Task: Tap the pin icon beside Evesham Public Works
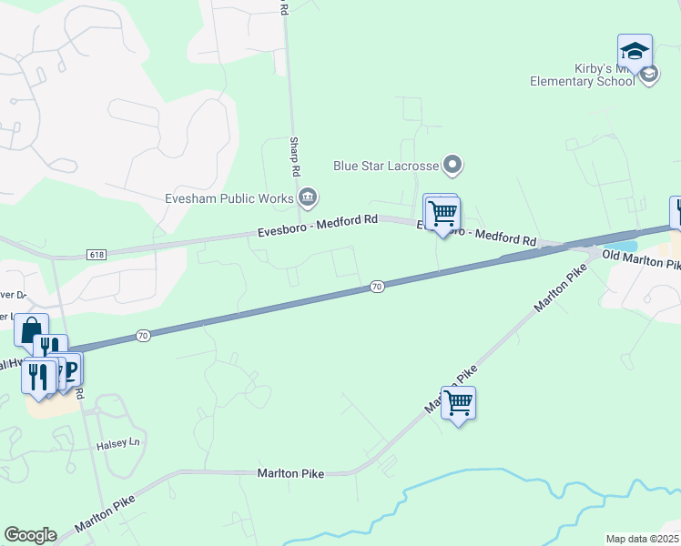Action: pyautogui.click(x=308, y=197)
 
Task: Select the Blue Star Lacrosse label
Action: pyautogui.click(x=386, y=166)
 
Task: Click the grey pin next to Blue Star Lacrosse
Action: pyautogui.click(x=453, y=165)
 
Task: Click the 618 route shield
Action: pyautogui.click(x=97, y=254)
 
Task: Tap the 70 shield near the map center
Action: pyautogui.click(x=377, y=287)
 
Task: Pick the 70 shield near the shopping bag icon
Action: pyautogui.click(x=143, y=336)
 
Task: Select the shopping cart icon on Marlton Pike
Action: pyautogui.click(x=459, y=401)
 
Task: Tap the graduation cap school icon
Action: pyautogui.click(x=634, y=51)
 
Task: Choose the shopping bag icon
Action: pyautogui.click(x=31, y=330)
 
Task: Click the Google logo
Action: pyautogui.click(x=31, y=534)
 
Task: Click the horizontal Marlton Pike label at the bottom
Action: pyautogui.click(x=291, y=473)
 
